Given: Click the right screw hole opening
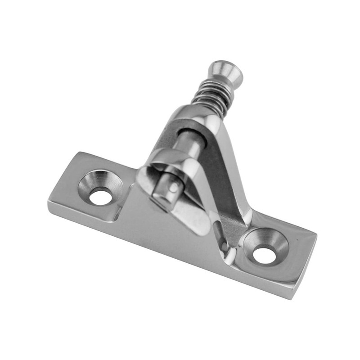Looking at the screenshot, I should (x=264, y=256).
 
